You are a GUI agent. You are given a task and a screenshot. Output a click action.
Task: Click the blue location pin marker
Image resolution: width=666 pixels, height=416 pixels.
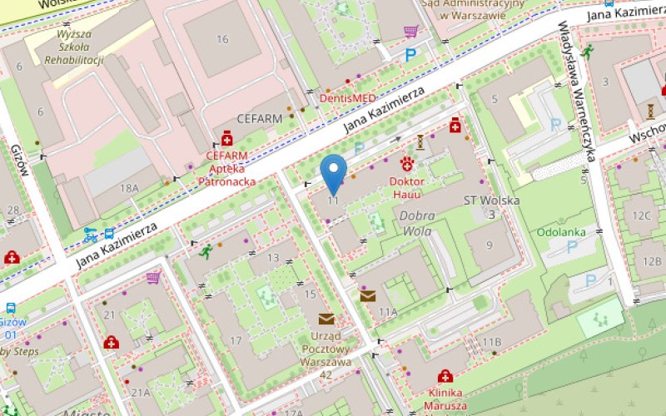334,173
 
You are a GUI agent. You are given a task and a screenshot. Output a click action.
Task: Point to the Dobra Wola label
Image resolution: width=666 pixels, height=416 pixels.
417,223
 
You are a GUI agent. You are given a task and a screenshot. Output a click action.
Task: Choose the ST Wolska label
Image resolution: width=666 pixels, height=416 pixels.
491,201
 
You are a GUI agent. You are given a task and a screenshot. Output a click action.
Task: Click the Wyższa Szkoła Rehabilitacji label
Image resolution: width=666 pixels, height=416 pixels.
74,47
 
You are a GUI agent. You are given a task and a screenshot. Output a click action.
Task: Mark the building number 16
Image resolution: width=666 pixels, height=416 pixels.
222,39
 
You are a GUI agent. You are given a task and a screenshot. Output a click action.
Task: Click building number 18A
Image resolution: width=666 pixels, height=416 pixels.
129,189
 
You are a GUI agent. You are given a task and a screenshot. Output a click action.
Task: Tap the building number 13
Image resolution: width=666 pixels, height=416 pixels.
273,258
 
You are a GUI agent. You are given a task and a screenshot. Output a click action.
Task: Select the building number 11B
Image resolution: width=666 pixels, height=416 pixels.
492,342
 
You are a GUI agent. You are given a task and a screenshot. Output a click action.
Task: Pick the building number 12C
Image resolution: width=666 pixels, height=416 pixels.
641,216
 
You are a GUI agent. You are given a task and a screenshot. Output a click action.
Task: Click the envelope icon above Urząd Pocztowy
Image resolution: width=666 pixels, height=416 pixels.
326,318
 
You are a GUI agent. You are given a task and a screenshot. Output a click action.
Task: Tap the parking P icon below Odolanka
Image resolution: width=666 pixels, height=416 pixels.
572,247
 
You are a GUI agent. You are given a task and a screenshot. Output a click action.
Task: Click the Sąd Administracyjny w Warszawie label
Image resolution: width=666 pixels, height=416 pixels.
473,8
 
